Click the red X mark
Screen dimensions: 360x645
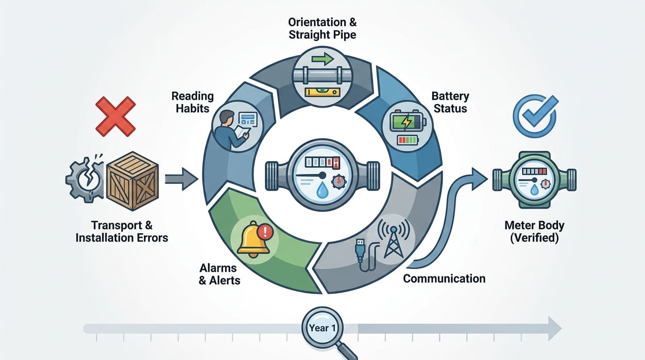(x=115, y=117)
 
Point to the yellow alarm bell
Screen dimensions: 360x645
(x=253, y=237)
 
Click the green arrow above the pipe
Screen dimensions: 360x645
(x=322, y=60)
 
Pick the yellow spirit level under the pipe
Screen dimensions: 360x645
(x=322, y=92)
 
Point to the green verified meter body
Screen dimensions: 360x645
(x=534, y=179)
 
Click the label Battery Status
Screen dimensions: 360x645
(x=450, y=103)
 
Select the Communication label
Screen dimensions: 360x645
(x=444, y=279)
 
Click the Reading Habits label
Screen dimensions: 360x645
(x=192, y=103)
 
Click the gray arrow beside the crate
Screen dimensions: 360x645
(x=181, y=179)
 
